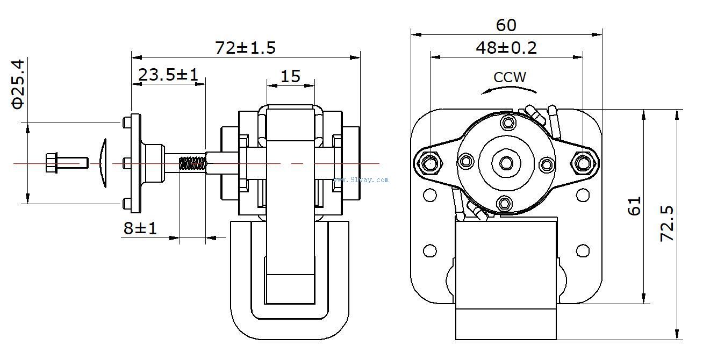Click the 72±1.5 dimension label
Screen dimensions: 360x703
tap(245, 48)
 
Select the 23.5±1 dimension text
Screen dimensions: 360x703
tap(168, 75)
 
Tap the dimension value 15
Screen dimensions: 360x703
tap(290, 76)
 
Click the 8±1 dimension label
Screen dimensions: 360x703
tap(140, 228)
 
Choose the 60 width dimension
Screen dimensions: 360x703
tap(506, 25)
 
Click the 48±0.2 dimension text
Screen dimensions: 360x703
tap(506, 48)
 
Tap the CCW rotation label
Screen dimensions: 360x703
tap(510, 77)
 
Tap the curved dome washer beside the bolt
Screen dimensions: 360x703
tap(103, 162)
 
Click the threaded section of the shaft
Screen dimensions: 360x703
tap(192, 163)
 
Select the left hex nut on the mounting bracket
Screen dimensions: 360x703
tap(429, 162)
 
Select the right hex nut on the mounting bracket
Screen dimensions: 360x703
tap(582, 162)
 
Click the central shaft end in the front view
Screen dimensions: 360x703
tap(506, 162)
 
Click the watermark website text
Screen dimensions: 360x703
tap(361, 180)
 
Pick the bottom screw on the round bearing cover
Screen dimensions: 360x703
tap(504, 203)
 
